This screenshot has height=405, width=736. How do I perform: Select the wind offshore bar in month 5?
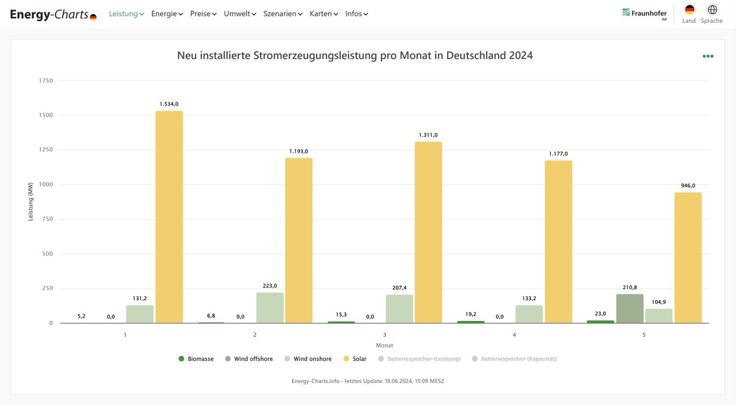tap(629, 309)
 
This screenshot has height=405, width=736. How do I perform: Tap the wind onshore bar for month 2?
tap(270, 307)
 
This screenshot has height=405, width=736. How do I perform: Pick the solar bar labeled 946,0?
tap(688, 258)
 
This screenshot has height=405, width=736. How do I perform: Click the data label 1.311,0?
tap(428, 135)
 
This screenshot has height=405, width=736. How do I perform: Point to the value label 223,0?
tap(270, 286)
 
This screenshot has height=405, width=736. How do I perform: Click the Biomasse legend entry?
tap(196, 359)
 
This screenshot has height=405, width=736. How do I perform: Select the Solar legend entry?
tap(355, 359)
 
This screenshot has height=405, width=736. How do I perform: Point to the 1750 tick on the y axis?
tap(46, 80)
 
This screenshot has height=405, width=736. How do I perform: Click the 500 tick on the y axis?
tap(47, 253)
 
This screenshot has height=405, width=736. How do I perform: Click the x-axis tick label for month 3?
tap(385, 335)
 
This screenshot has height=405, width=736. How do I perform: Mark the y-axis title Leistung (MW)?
tap(31, 202)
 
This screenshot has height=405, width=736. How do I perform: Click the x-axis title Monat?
tap(385, 345)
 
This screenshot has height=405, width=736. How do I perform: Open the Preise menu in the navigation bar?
tap(203, 13)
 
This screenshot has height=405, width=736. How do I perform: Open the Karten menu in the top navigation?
tap(323, 13)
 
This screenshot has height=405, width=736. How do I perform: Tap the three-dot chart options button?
tap(708, 56)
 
